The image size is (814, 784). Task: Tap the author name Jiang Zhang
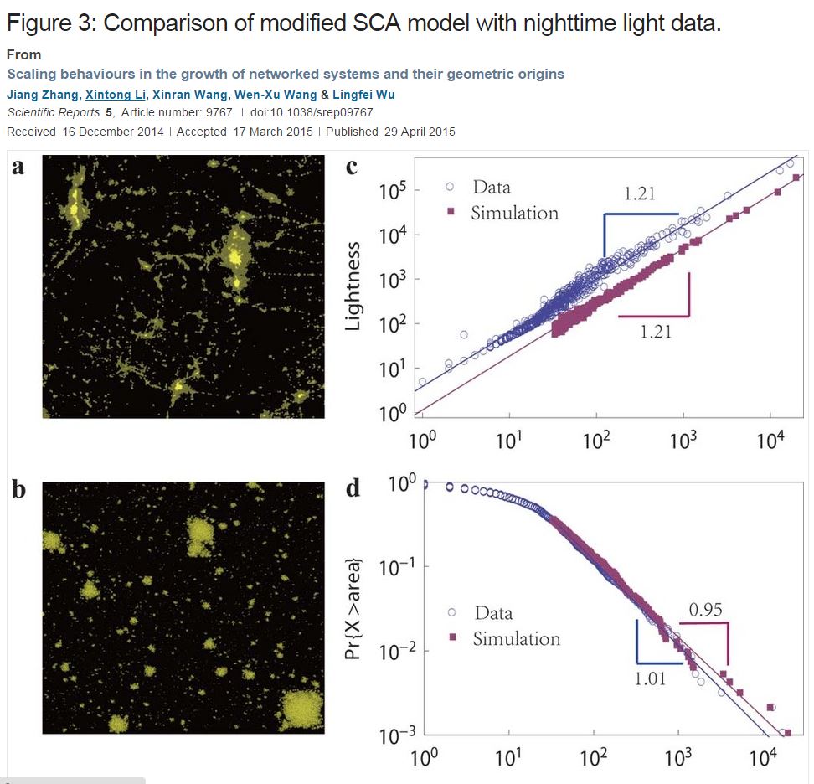pos(42,95)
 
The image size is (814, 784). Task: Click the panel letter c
pos(352,167)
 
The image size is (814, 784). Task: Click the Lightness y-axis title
pos(353,286)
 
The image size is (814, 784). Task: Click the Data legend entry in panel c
pos(491,187)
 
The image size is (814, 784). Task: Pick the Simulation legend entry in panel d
pos(516,638)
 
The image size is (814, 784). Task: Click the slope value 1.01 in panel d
pos(649,678)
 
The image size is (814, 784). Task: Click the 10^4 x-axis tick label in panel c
pos(770,439)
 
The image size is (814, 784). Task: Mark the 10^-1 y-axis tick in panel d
pos(392,567)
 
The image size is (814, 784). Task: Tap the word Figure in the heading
pos(44,23)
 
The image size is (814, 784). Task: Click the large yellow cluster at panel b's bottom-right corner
pos(301,710)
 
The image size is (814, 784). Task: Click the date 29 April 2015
pos(415,132)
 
